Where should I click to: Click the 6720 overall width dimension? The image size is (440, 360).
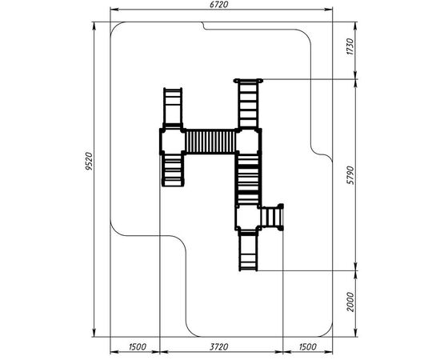coord(218,5)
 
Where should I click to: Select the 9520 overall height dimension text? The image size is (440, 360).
coord(89,162)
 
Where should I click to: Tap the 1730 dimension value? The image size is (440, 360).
coord(350,47)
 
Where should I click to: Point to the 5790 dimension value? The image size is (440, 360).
coord(350,175)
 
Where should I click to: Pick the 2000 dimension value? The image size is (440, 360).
coord(350,302)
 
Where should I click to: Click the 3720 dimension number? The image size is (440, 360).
coord(218,347)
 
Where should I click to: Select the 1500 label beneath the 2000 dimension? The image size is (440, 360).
coord(307,347)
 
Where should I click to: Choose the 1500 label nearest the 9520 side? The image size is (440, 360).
coord(138,347)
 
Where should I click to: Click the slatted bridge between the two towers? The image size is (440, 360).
coord(210,142)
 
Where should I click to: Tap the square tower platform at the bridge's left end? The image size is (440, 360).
coord(173,141)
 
